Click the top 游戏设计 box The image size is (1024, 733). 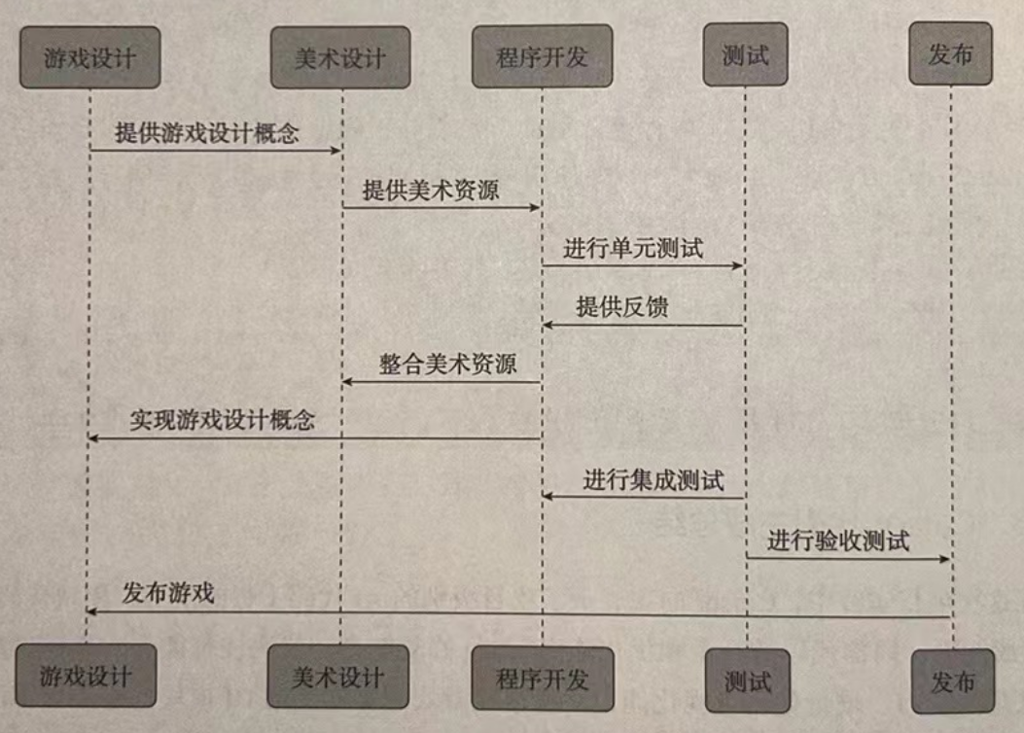pyautogui.click(x=89, y=56)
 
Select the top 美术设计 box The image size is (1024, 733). pyautogui.click(x=340, y=57)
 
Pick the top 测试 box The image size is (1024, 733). pyautogui.click(x=745, y=54)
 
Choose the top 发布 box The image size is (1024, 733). pyautogui.click(x=950, y=53)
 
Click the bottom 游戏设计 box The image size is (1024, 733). pyautogui.click(x=86, y=675)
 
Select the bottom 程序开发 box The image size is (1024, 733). pyautogui.click(x=542, y=678)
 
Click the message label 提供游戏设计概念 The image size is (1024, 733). pyautogui.click(x=206, y=133)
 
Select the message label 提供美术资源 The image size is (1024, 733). pyautogui.click(x=431, y=190)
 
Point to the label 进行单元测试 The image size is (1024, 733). pyautogui.click(x=633, y=247)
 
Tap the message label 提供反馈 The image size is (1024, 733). pyautogui.click(x=622, y=306)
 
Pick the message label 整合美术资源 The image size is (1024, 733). pyautogui.click(x=447, y=364)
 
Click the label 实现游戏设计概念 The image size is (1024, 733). pyautogui.click(x=223, y=421)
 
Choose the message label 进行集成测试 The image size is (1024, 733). pyautogui.click(x=653, y=479)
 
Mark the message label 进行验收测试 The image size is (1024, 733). pyautogui.click(x=838, y=541)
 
